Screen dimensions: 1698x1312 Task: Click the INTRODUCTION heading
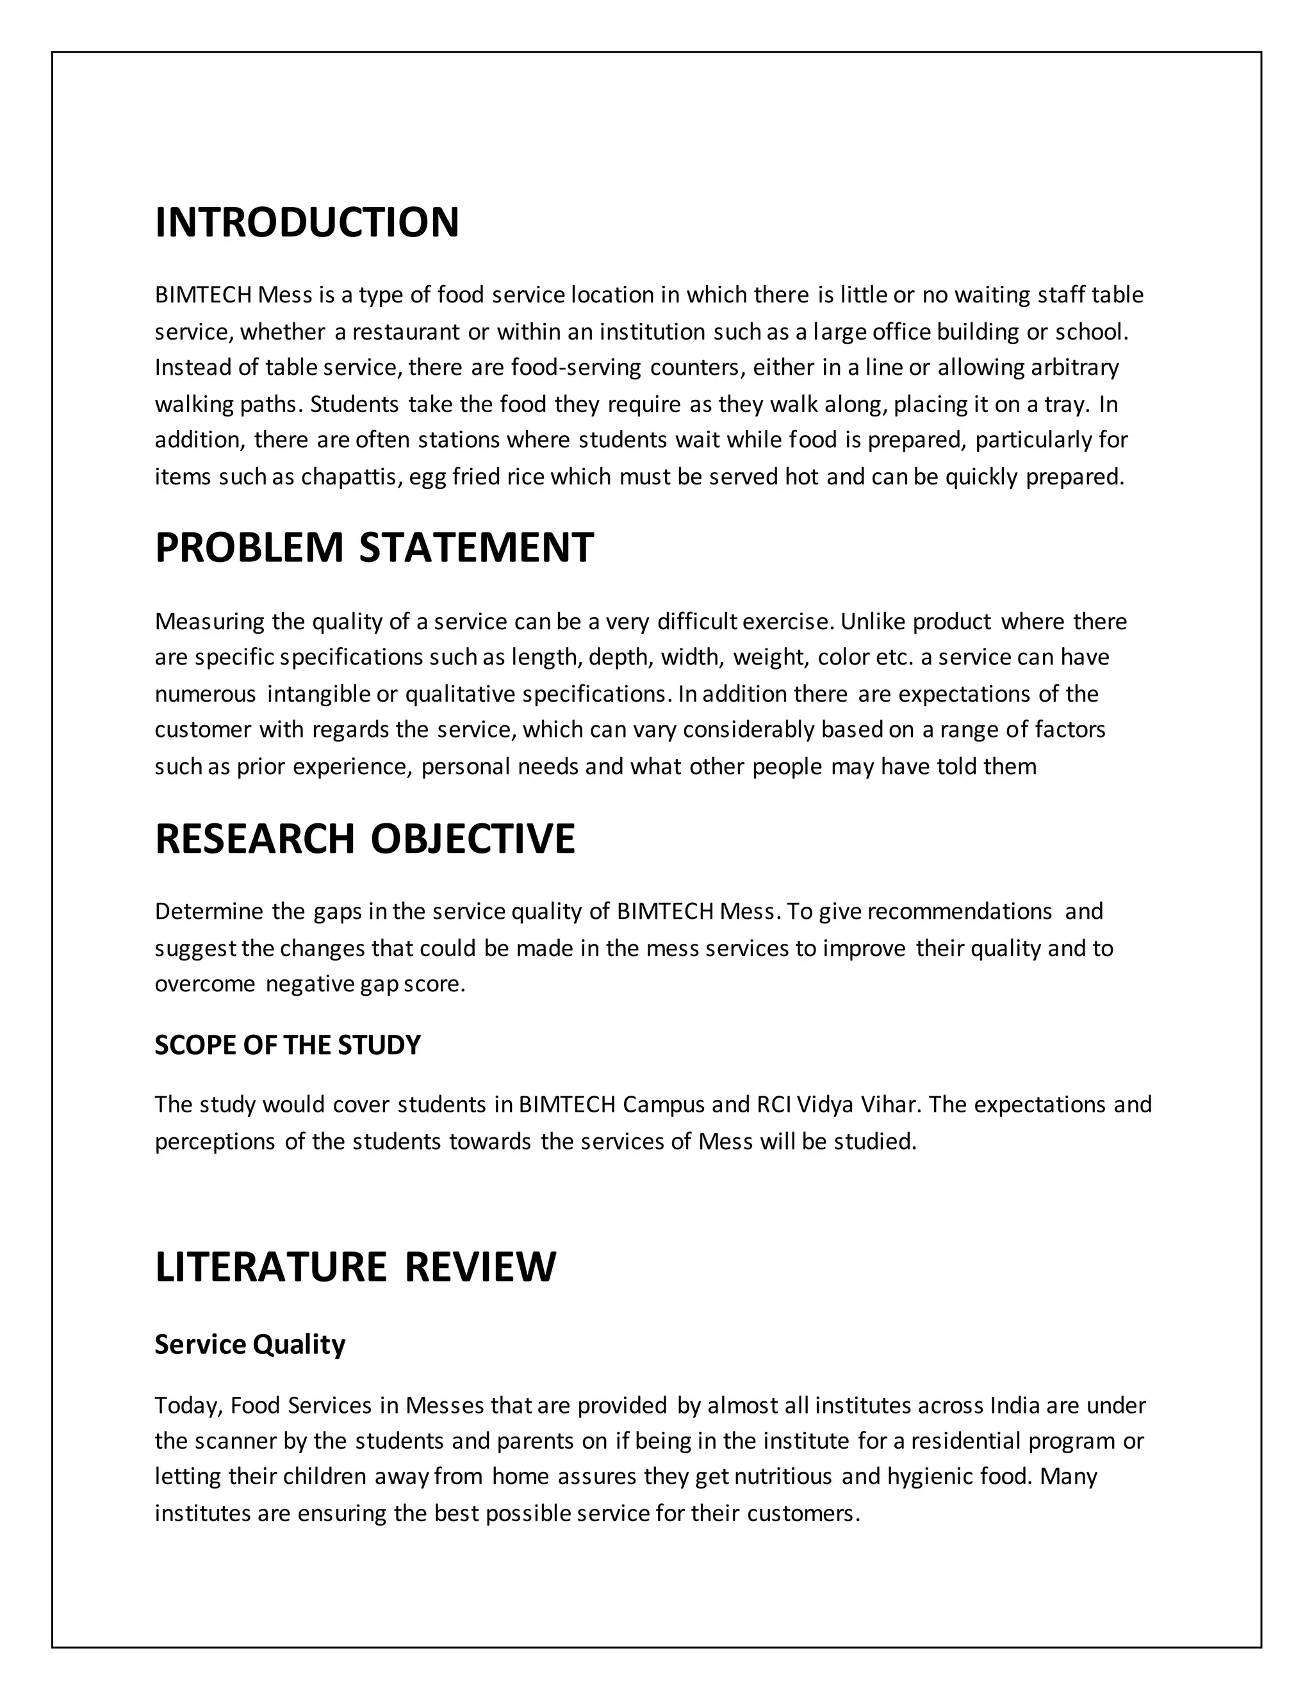click(x=307, y=222)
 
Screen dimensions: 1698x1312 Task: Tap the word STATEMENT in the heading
click(x=476, y=547)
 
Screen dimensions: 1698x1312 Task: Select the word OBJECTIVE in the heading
click(x=473, y=839)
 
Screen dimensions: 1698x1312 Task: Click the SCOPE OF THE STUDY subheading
click(x=288, y=1045)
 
